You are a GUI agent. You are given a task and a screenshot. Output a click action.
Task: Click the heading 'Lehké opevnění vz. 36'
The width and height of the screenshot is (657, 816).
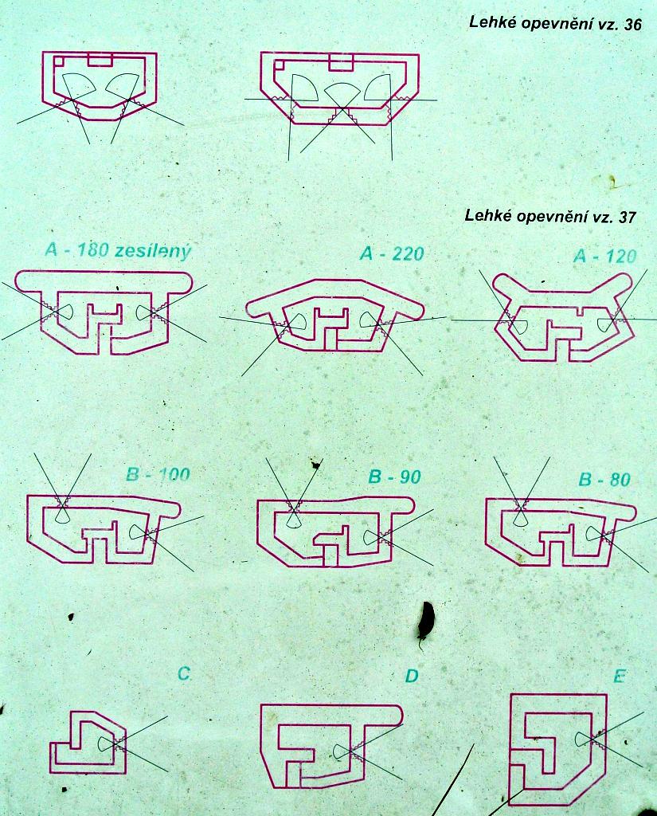tap(555, 24)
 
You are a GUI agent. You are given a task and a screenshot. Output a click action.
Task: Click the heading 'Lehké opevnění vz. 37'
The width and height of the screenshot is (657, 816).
tap(550, 216)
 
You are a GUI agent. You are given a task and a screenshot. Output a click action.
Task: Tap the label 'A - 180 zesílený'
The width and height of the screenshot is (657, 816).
tap(119, 251)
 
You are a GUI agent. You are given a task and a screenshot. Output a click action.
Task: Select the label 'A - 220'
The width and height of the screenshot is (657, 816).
tap(392, 253)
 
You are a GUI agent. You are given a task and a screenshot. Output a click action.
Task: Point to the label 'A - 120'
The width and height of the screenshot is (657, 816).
tap(605, 256)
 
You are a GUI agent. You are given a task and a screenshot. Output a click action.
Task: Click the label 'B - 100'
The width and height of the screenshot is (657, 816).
tap(158, 475)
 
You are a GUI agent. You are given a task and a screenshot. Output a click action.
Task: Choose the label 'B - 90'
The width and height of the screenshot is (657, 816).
tap(394, 477)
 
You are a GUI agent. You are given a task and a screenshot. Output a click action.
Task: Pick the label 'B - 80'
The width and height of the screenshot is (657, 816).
tap(604, 479)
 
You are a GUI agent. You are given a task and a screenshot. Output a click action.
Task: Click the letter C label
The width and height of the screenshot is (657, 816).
tap(184, 674)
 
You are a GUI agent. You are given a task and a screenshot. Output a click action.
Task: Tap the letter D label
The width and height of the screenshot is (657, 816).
tap(412, 676)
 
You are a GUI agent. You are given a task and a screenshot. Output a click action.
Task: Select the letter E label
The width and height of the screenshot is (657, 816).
tap(619, 676)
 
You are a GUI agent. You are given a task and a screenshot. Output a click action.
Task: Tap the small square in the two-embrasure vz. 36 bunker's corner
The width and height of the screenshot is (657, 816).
tap(59, 61)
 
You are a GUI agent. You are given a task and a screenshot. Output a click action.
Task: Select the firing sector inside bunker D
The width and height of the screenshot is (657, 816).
tap(342, 751)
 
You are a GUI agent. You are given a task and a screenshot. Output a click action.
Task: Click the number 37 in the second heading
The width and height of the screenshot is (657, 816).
tap(628, 217)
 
